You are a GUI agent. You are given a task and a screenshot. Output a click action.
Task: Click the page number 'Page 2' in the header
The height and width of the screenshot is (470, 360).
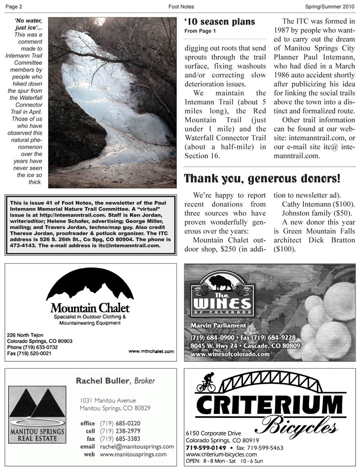click(x=13, y=7)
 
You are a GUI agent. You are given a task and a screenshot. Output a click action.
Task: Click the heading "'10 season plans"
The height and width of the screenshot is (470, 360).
click(x=220, y=22)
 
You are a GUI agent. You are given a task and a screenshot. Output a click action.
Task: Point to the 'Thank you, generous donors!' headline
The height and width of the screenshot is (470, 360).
click(x=262, y=179)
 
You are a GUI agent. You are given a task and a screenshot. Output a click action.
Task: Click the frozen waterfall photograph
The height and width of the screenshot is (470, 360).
click(x=112, y=102)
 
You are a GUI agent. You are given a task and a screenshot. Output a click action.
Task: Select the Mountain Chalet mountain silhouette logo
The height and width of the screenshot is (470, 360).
click(x=90, y=286)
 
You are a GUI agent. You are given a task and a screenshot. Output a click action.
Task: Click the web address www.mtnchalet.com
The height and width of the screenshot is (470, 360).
click(x=151, y=351)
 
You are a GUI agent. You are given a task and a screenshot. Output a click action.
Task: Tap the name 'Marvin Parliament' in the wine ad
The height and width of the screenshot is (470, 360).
click(x=218, y=325)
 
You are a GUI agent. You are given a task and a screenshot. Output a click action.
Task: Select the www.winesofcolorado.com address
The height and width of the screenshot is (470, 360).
click(x=230, y=354)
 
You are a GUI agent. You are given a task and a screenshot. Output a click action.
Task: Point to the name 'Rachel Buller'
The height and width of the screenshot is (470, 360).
click(x=102, y=381)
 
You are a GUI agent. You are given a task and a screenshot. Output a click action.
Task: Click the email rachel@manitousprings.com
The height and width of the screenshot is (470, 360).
click(x=137, y=447)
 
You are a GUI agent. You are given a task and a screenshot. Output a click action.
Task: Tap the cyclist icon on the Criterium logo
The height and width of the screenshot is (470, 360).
click(x=206, y=382)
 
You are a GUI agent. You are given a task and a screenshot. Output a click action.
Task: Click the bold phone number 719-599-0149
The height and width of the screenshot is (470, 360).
click(x=206, y=448)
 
